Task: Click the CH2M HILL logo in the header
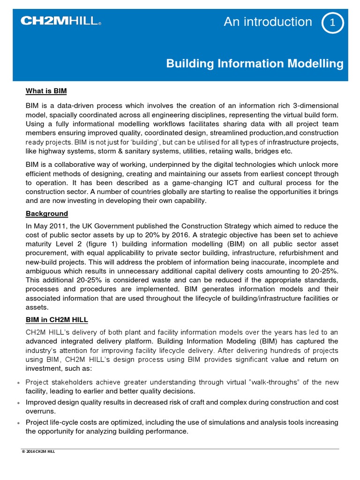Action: (x=60, y=21)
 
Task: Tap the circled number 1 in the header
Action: (x=333, y=23)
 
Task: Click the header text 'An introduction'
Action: (x=268, y=22)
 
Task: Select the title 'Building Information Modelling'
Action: (x=255, y=64)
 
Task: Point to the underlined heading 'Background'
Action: (x=46, y=214)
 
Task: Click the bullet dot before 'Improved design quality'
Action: (x=18, y=403)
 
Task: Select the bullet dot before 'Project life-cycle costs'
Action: (x=18, y=423)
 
